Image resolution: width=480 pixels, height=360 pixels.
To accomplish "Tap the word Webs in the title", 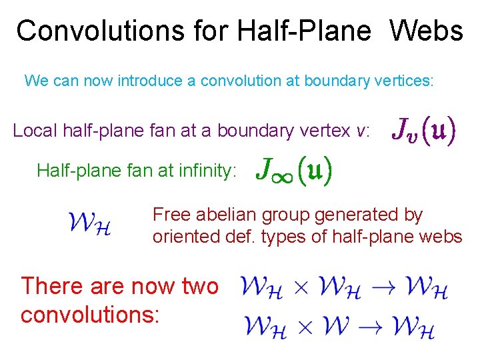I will (x=426, y=31).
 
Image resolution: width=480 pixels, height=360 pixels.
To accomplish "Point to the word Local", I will (x=35, y=131).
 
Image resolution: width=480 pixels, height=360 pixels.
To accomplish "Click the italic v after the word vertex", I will (x=361, y=131).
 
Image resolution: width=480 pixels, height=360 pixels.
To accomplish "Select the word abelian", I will (x=231, y=215).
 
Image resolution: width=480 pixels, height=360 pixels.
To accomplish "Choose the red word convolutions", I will (x=90, y=314).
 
